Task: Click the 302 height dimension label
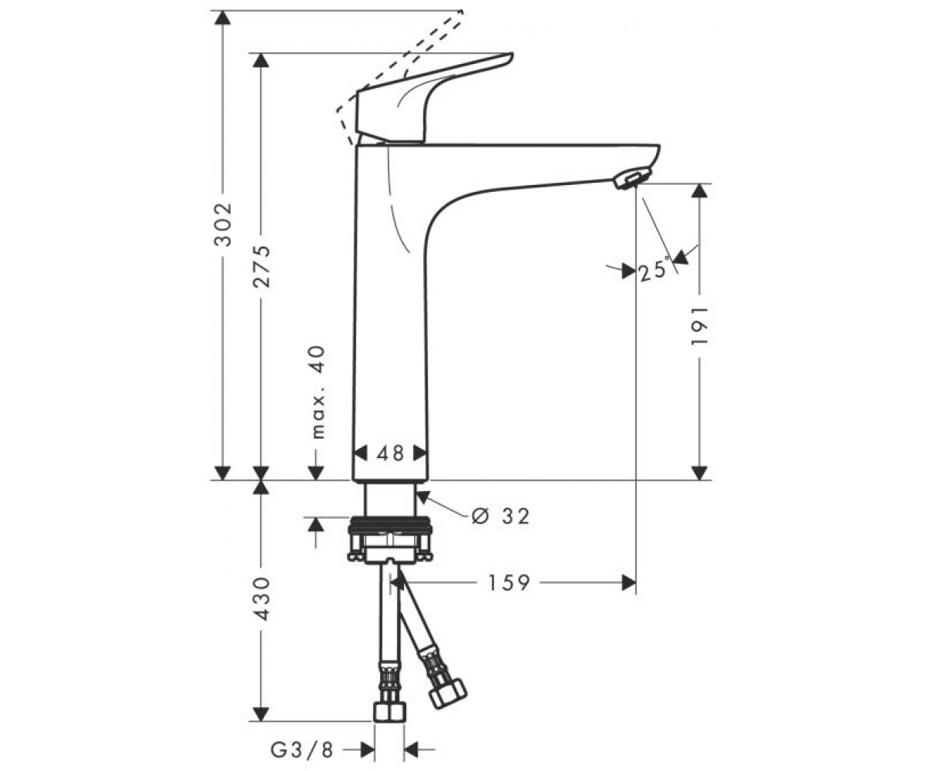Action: pyautogui.click(x=223, y=224)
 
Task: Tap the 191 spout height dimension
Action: pyautogui.click(x=699, y=325)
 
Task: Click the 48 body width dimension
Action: pyautogui.click(x=390, y=453)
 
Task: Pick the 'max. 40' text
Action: pyautogui.click(x=318, y=392)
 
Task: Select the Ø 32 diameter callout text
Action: pyautogui.click(x=499, y=516)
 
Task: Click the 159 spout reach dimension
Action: pyautogui.click(x=509, y=583)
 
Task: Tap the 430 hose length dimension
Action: pyautogui.click(x=261, y=598)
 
